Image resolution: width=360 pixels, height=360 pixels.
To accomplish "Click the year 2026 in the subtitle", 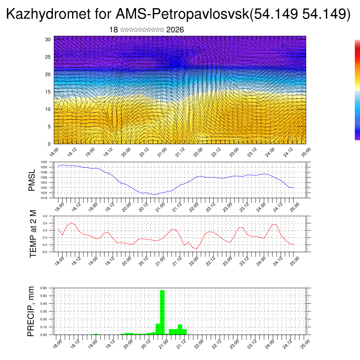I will (x=175, y=30).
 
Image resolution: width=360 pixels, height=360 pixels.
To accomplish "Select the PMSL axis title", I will (x=32, y=180).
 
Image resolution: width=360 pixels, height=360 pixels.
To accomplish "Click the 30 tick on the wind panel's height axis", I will (x=48, y=39).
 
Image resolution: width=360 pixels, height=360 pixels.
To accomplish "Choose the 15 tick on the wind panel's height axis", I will (x=48, y=92).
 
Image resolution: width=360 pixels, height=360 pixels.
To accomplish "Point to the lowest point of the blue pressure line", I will (x=155, y=195).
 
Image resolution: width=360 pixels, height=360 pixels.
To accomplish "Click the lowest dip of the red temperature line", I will (x=197, y=249).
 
